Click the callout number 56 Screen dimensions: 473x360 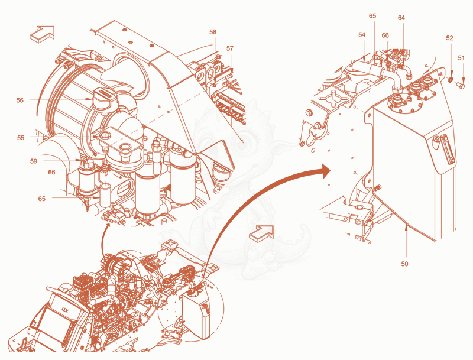point(20,100)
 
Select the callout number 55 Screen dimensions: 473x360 point(21,138)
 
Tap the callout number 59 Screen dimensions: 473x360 point(34,161)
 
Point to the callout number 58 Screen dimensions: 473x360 point(213,32)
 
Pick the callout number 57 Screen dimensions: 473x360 point(230,48)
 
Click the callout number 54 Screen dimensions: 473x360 point(362,35)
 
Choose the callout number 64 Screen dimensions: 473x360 point(401,18)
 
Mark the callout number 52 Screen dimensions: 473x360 point(449,38)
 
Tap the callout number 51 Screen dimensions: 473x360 point(461,58)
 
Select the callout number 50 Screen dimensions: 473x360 point(404,264)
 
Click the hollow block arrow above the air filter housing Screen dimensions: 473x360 point(42,33)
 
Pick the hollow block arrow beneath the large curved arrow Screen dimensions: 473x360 point(261,233)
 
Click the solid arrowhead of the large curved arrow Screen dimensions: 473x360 point(325,171)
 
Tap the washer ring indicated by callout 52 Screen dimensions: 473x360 point(450,80)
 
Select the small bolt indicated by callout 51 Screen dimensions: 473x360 point(461,85)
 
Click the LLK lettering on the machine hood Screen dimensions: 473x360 point(65,309)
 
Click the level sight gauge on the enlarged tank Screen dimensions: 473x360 point(446,150)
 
